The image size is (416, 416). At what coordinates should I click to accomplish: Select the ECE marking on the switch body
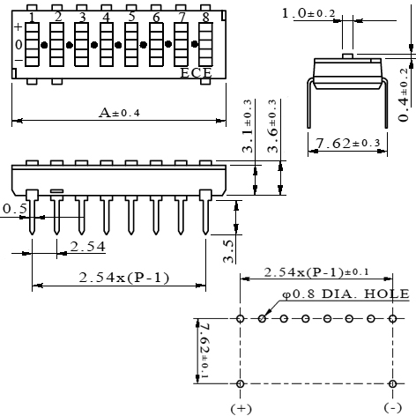tap(196, 73)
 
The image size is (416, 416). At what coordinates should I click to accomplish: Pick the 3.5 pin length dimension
tap(228, 249)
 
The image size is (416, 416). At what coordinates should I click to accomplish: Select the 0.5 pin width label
tap(13, 209)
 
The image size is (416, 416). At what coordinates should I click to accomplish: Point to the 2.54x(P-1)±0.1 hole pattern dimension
tap(316, 272)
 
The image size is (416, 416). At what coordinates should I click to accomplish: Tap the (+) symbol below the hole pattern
tap(241, 408)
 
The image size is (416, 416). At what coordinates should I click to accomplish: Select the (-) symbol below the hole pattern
tap(391, 408)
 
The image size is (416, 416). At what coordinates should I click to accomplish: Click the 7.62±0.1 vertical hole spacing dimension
tap(202, 351)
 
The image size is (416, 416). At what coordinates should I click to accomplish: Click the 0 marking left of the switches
tap(18, 44)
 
